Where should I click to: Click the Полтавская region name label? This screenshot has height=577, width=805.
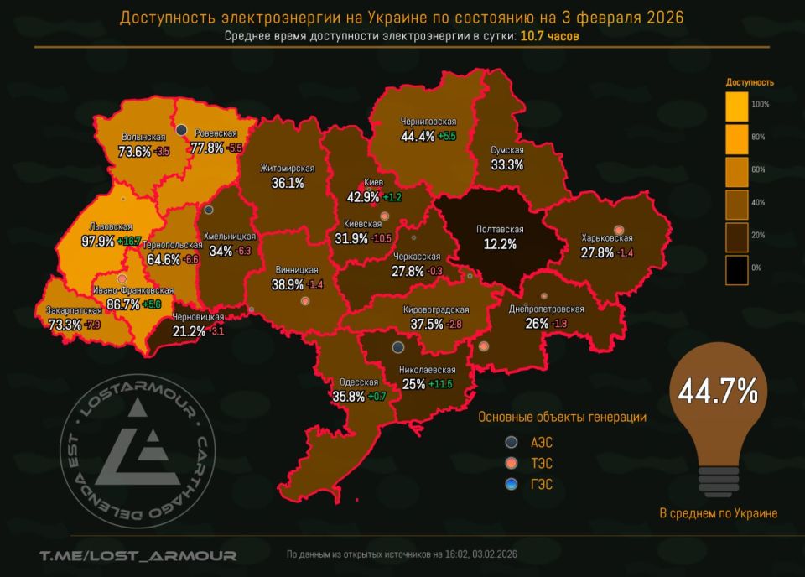pos(500,229)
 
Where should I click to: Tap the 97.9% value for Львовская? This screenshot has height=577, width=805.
pos(98,241)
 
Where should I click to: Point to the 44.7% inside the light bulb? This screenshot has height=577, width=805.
pos(718,391)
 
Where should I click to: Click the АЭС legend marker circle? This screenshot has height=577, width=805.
pos(512,442)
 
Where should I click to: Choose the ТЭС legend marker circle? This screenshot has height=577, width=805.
pos(512,463)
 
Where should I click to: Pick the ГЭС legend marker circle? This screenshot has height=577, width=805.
pos(512,484)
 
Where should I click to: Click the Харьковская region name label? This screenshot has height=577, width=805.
pos(606,238)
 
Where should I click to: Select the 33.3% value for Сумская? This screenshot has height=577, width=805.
pos(506,164)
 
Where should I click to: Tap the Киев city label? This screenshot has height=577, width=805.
pos(373,182)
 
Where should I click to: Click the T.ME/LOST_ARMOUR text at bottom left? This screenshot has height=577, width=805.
pos(138,555)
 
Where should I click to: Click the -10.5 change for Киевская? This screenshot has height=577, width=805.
pos(382,239)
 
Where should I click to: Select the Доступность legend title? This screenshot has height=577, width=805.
pos(749,82)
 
